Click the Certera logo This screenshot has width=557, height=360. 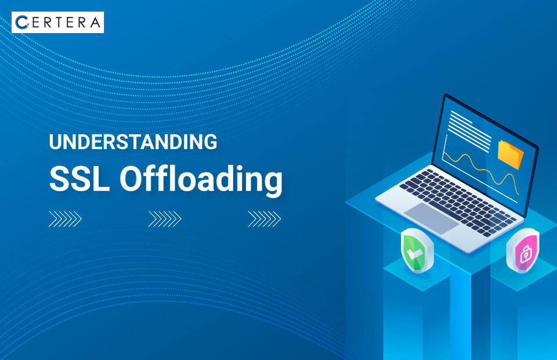click(57, 22)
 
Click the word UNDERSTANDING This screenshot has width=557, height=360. click(133, 142)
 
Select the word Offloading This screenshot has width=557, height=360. click(201, 179)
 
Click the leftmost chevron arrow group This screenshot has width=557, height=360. click(65, 219)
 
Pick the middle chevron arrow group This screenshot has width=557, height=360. click(165, 219)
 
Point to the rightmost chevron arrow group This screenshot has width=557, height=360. click(265, 219)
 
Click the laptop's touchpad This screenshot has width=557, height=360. click(432, 218)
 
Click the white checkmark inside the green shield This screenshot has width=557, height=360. click(414, 253)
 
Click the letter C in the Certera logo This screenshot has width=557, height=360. click(21, 22)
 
